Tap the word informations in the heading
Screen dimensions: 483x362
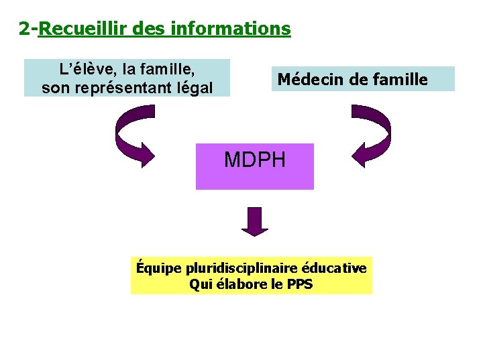pos(231,29)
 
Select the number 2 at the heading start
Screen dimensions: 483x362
pos(24,29)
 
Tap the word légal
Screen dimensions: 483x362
pos(193,87)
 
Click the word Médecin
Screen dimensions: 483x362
pos(309,79)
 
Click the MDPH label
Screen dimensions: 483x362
pos(255,160)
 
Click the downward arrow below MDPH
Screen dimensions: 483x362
pos(255,222)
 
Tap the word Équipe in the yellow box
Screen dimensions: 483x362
pos(158,269)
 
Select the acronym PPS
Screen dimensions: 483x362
pos(299,284)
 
